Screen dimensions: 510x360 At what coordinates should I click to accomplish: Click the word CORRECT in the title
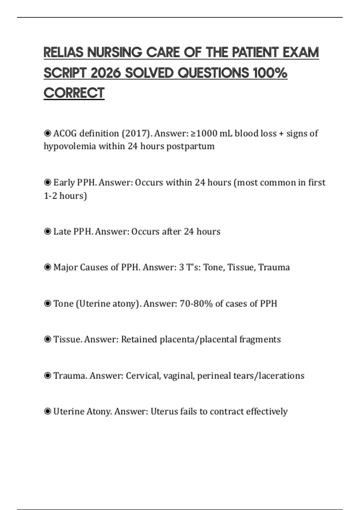coord(74,93)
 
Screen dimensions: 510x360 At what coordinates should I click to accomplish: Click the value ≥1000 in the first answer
coord(204,133)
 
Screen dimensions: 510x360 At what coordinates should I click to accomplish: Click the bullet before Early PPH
coord(47,182)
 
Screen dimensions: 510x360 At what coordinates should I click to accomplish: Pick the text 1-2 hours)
coord(65,196)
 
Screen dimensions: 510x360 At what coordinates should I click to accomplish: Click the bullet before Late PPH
coord(47,232)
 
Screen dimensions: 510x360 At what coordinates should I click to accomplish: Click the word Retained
coord(139,340)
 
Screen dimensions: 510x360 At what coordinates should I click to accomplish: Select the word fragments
coord(260,340)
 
